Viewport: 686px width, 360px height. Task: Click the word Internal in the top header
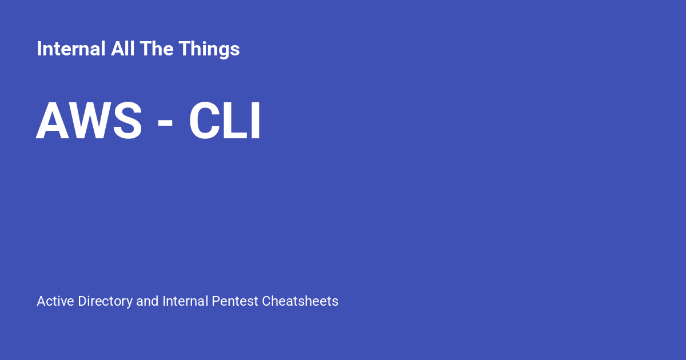click(x=71, y=49)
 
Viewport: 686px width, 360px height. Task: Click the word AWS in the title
click(x=89, y=121)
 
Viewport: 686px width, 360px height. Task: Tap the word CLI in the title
click(x=225, y=121)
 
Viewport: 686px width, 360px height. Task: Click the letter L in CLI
click(x=236, y=121)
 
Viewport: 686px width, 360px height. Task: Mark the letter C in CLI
click(x=206, y=121)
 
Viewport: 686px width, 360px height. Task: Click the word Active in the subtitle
click(x=55, y=301)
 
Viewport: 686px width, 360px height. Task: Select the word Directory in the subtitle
click(x=105, y=301)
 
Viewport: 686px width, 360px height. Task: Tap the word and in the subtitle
click(x=147, y=301)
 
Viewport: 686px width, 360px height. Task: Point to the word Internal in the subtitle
click(x=185, y=301)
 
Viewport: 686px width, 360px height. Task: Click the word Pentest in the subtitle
click(x=235, y=301)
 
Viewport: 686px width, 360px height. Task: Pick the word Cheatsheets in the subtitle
click(x=300, y=301)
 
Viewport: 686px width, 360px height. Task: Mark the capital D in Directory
click(x=82, y=301)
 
